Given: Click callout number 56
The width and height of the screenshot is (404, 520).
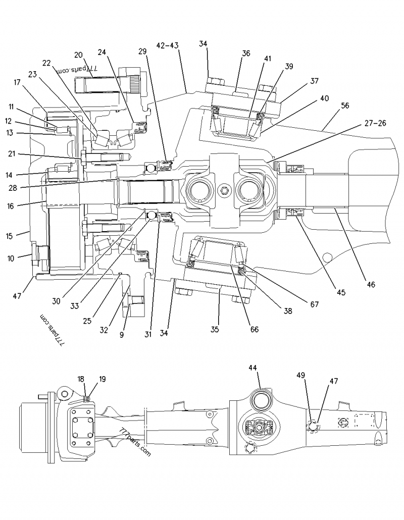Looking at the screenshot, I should coord(345,106).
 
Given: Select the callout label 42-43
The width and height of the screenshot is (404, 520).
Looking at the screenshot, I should coord(167,45).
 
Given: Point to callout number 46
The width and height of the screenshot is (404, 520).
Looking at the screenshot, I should coord(371,285).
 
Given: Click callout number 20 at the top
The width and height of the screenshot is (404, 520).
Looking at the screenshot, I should coord(78,55).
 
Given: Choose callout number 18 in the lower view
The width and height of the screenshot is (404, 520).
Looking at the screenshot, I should coord(81,379).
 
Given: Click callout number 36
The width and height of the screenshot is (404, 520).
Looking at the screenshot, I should coord(245,53).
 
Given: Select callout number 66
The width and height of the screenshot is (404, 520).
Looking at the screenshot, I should coord(255,329).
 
